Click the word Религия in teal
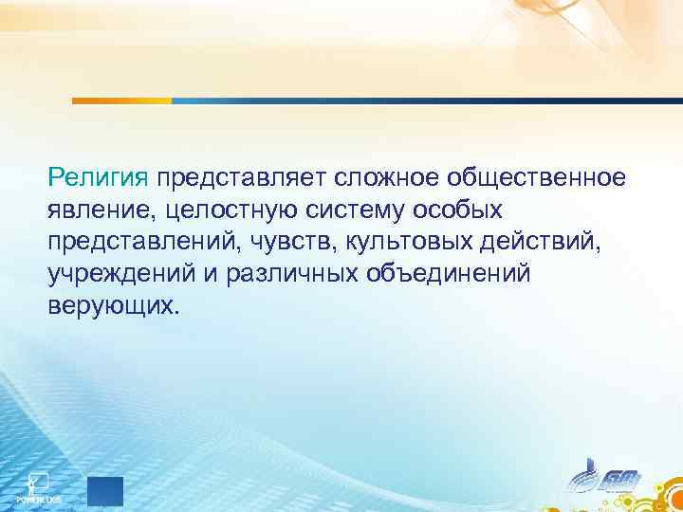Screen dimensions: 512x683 pos(99,176)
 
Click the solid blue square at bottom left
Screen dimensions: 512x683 pos(105,491)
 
